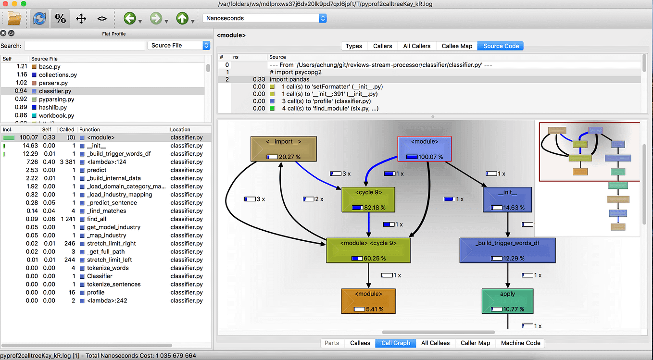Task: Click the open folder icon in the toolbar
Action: point(14,19)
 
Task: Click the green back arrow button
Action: point(129,19)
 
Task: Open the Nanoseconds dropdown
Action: point(264,18)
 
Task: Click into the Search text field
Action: point(85,46)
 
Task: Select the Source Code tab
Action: point(501,46)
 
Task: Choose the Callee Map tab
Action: point(456,46)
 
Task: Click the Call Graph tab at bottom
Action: point(395,343)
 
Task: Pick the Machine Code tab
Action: point(520,343)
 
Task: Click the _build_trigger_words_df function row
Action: point(118,154)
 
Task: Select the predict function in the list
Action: point(97,170)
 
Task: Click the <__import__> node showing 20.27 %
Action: point(283,149)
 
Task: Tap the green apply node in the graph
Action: point(507,301)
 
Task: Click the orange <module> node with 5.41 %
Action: point(368,301)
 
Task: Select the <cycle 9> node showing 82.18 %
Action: point(368,199)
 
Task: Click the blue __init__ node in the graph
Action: point(507,199)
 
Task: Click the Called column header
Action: point(66,130)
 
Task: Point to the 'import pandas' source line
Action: point(289,80)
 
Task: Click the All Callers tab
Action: point(416,46)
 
